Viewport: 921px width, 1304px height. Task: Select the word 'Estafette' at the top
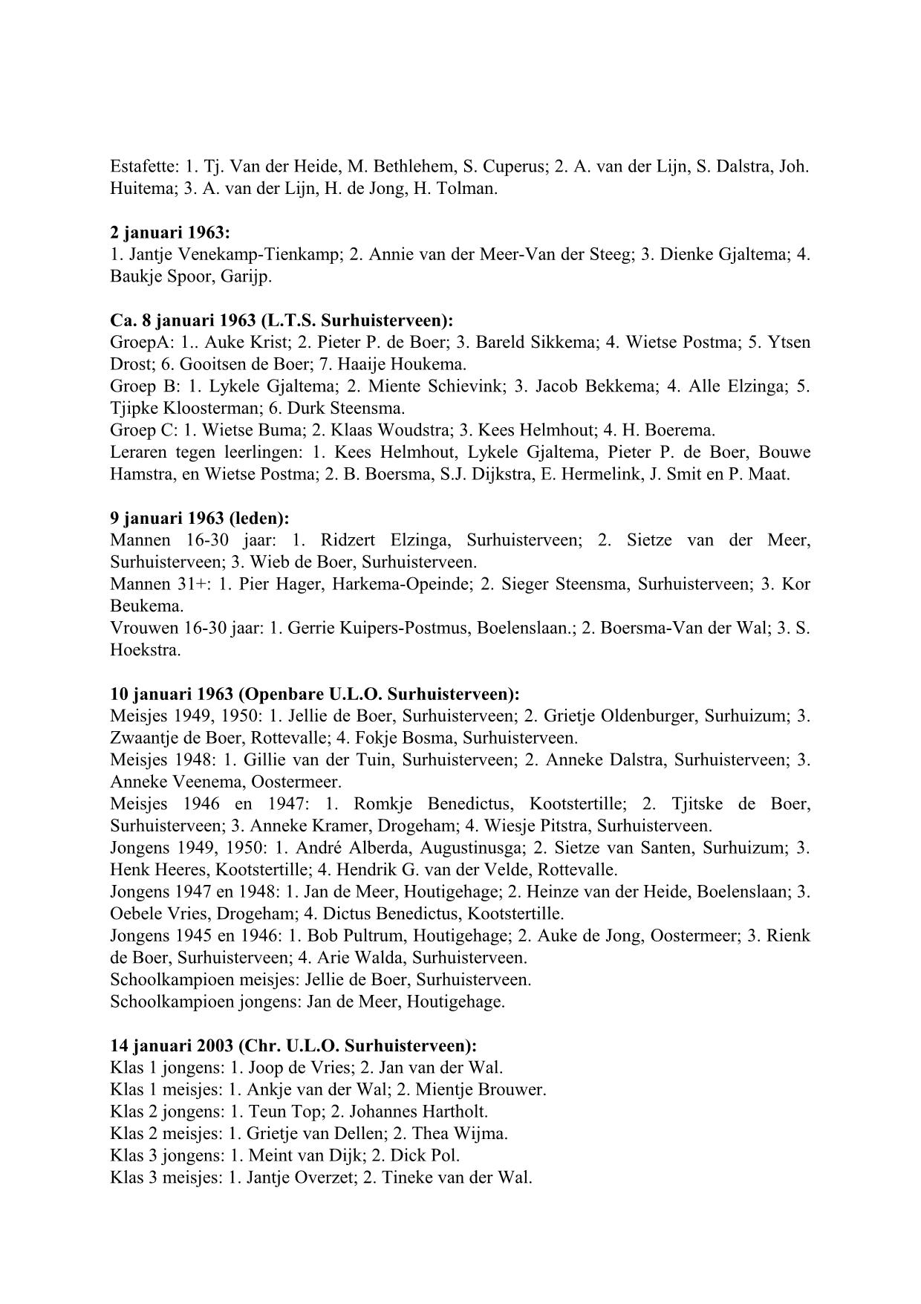point(140,166)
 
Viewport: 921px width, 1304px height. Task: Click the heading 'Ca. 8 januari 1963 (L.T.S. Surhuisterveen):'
point(281,320)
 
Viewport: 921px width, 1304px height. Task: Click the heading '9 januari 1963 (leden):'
point(200,518)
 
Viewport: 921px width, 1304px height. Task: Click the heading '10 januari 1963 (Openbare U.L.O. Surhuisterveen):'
point(315,694)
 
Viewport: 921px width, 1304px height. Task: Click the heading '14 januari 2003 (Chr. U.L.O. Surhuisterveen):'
point(293,1045)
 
